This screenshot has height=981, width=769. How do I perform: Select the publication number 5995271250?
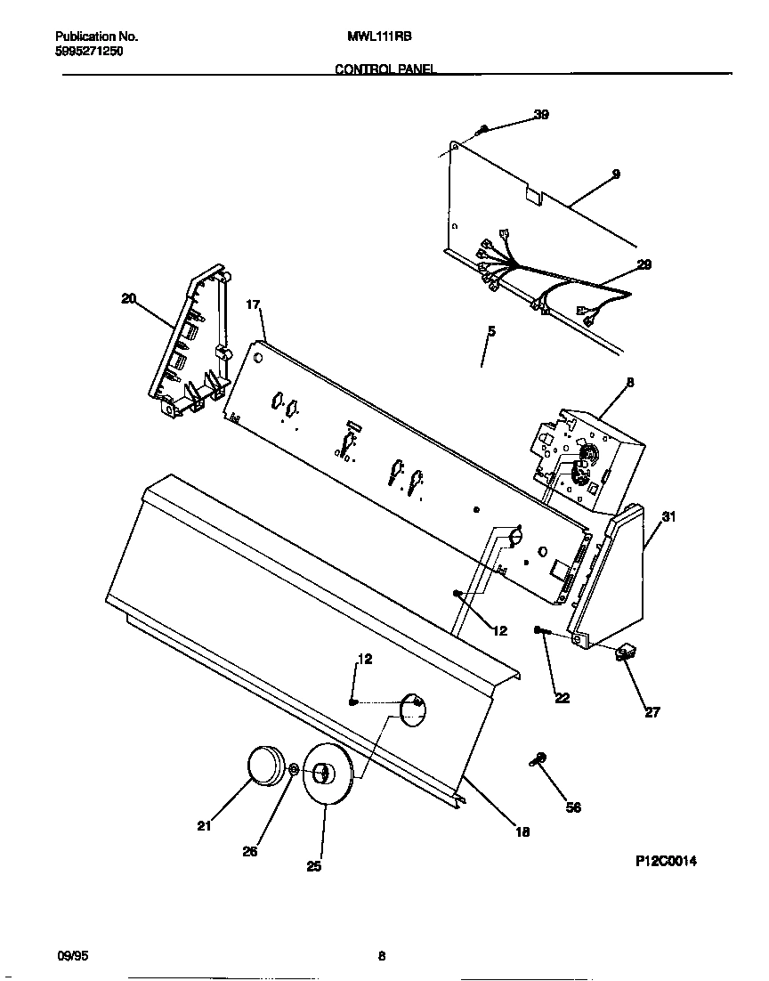point(89,52)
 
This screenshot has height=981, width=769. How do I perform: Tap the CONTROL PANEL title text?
point(384,69)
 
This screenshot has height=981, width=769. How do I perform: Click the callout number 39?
point(541,114)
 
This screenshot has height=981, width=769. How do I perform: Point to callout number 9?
point(616,174)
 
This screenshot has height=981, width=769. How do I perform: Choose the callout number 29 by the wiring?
point(644,264)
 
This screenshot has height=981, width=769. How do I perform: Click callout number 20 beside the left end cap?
point(129,299)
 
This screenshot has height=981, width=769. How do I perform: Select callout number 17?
point(253,304)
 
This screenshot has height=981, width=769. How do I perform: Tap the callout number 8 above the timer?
point(630,383)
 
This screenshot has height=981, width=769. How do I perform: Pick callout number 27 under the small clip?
point(652,712)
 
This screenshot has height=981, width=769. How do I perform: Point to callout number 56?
point(574,808)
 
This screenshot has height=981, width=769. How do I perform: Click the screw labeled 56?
point(538,758)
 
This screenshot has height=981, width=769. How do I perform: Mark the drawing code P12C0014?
point(666,862)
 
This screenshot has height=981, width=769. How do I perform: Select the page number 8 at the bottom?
point(381,957)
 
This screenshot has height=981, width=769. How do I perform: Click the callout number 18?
point(522,832)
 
